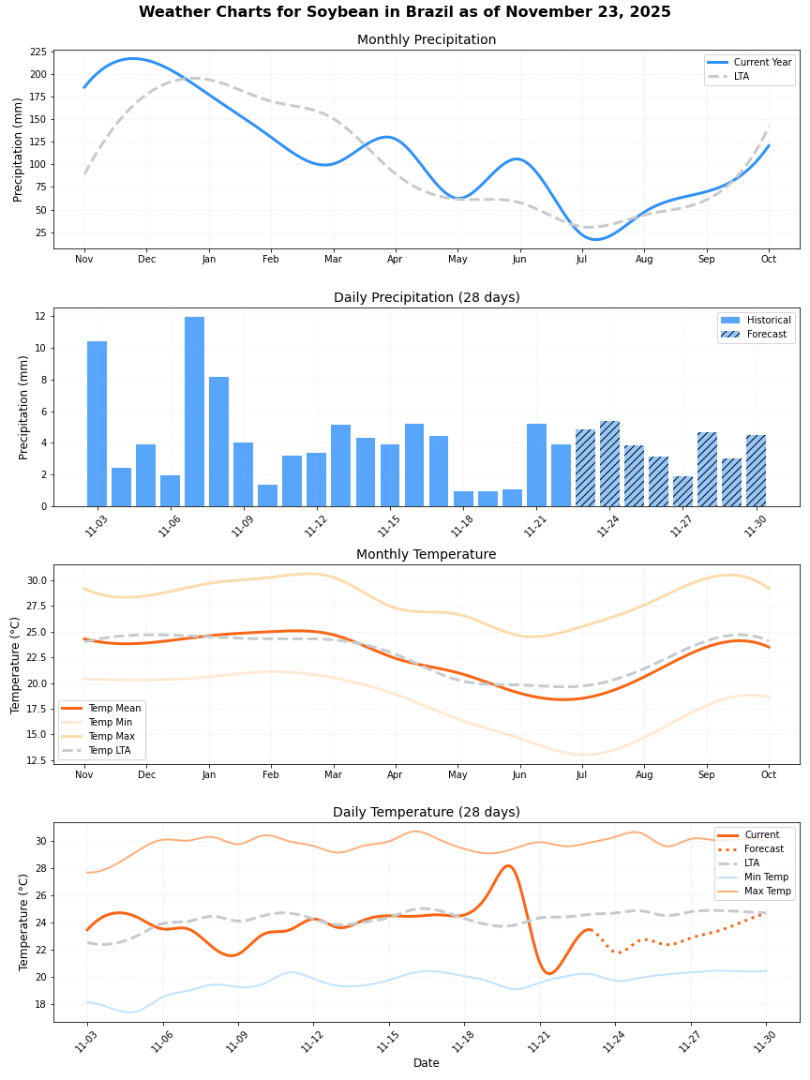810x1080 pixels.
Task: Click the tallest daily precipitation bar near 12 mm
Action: pos(194,412)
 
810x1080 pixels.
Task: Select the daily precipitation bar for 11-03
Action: pos(97,424)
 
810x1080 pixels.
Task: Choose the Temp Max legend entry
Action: pos(111,737)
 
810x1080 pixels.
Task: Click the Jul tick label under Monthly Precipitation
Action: pos(581,259)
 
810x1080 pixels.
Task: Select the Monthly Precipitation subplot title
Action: pos(427,40)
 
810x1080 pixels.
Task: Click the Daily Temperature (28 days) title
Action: pos(427,813)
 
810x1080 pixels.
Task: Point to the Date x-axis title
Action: pos(427,1063)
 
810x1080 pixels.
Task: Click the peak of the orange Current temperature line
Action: pos(507,865)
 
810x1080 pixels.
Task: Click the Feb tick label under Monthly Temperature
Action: pos(271,775)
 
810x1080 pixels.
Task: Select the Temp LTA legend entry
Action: pos(109,751)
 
